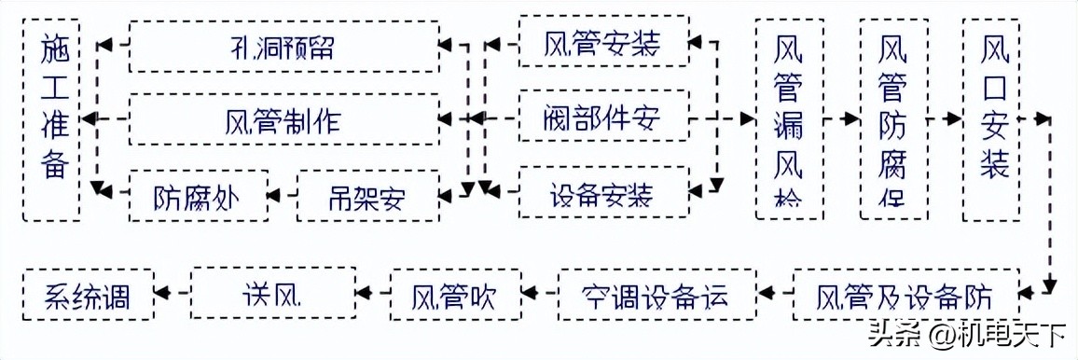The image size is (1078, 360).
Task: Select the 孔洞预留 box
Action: pos(283,46)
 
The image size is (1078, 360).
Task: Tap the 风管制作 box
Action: pos(283,118)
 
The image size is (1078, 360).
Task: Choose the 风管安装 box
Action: pos(604,43)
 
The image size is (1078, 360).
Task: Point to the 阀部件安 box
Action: pos(604,118)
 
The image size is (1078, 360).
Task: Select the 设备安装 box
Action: pos(604,194)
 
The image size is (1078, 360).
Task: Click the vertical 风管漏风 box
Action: pos(790,118)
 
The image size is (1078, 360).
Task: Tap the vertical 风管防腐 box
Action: pos(892,118)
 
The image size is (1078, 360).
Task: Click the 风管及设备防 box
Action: pos(905,296)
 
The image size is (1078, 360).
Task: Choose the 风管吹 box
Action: pos(455,296)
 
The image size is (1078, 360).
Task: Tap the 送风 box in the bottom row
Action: pos(272,296)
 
